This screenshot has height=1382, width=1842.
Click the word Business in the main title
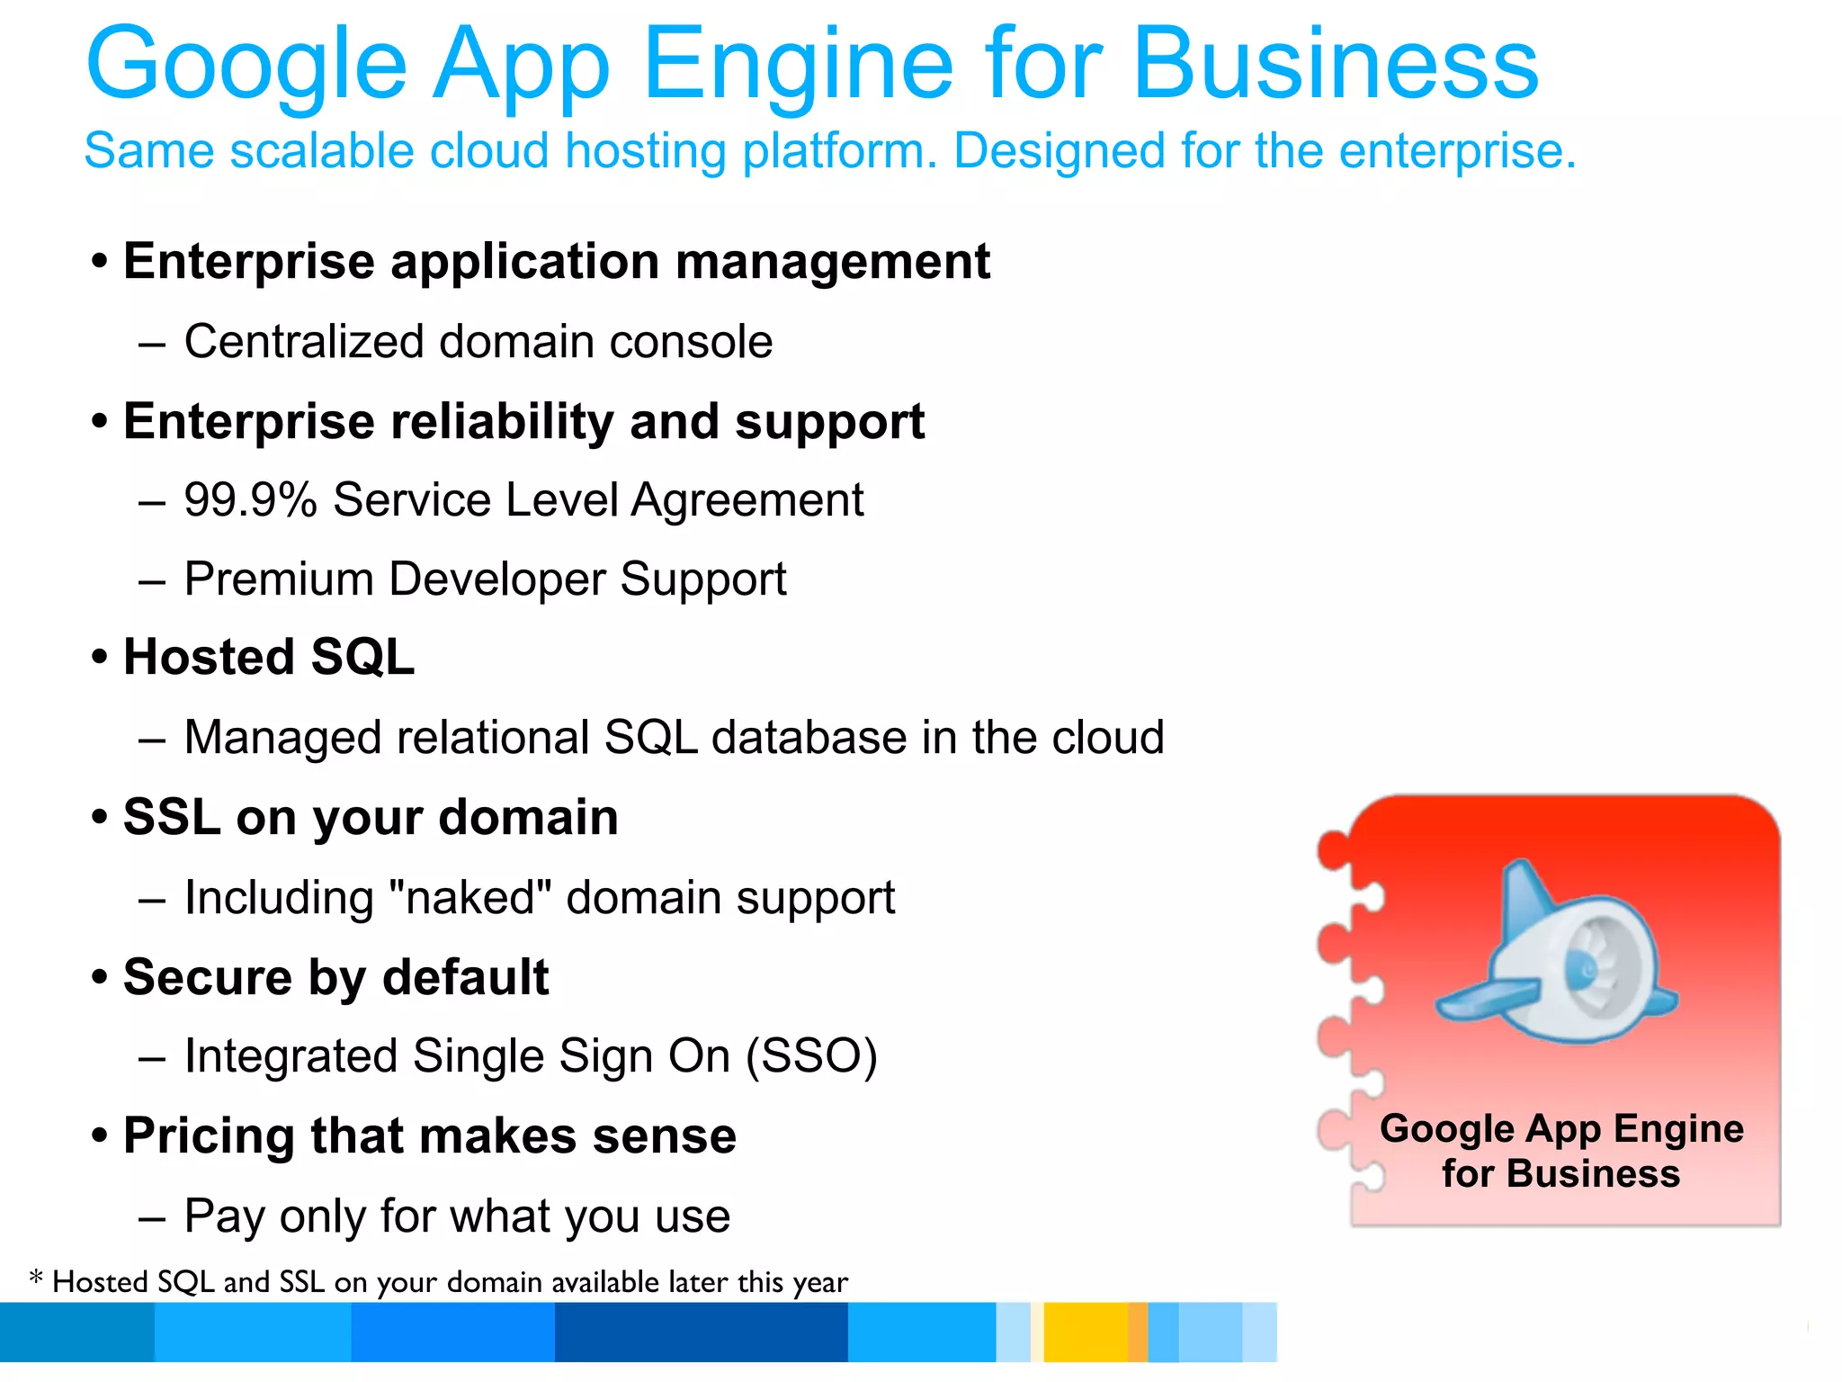[1335, 65]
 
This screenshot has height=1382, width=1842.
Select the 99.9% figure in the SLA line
[250, 500]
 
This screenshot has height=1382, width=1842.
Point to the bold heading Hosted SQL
[268, 657]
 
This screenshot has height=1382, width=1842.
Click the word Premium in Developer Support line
[279, 579]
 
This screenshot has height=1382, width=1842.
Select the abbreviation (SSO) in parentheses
[811, 1056]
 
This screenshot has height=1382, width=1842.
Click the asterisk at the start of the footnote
[36, 1278]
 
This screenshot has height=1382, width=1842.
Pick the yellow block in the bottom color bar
[1085, 1333]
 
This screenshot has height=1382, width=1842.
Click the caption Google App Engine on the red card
[1561, 1129]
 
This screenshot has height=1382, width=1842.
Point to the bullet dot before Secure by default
[100, 977]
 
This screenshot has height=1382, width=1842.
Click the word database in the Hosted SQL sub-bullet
[809, 738]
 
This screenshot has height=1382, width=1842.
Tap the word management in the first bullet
[832, 262]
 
